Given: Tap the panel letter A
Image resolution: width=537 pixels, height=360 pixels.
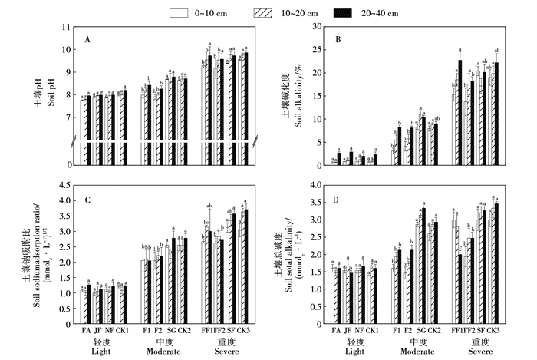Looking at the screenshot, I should (88, 38).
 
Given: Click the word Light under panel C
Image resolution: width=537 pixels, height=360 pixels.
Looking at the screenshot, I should (104, 351).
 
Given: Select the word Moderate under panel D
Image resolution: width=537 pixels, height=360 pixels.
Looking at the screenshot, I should (410, 351).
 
